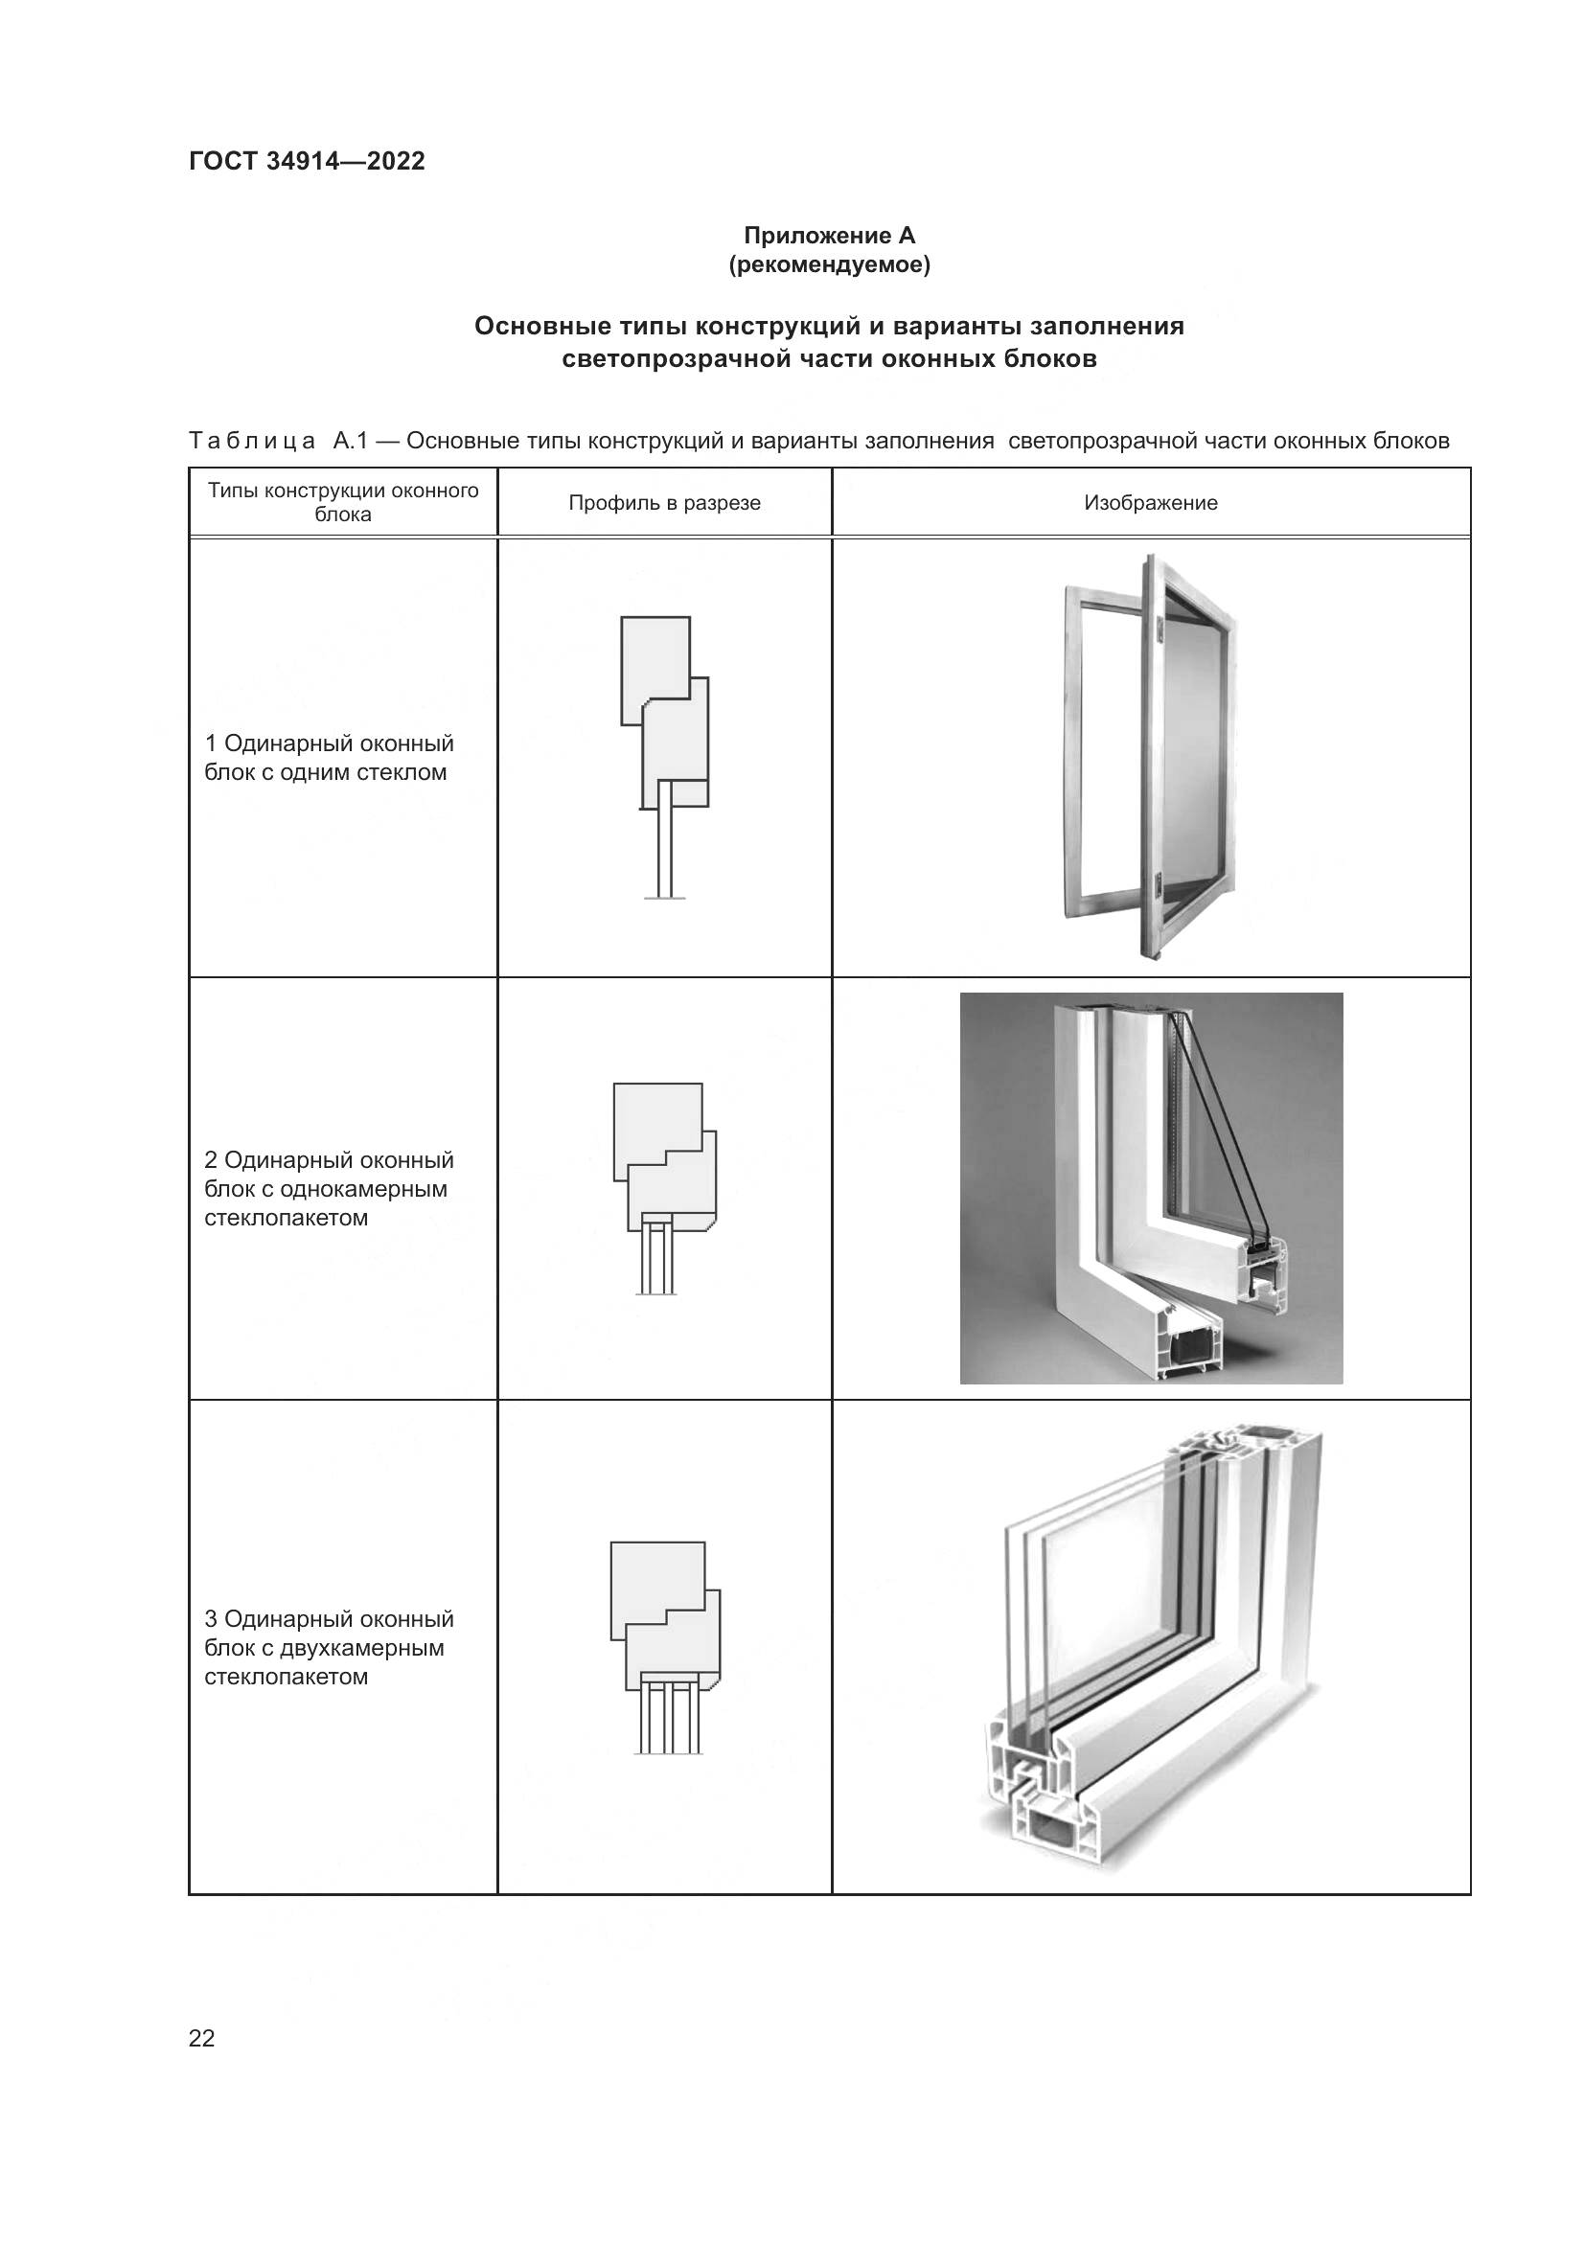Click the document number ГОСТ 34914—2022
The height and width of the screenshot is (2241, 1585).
point(307,161)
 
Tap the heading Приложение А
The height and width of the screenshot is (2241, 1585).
point(829,236)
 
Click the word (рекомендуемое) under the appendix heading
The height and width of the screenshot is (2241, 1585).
point(829,264)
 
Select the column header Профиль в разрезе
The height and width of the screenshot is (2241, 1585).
point(664,503)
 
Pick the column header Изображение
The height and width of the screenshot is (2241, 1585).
point(1150,503)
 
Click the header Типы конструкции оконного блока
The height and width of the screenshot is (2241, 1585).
point(342,502)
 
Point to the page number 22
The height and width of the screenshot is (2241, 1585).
point(202,2038)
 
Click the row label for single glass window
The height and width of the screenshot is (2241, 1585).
point(329,758)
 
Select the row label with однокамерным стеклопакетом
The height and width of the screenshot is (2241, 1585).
point(329,1189)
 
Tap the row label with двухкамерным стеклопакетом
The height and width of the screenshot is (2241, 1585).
point(329,1648)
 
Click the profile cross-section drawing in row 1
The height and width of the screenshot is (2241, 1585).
point(665,757)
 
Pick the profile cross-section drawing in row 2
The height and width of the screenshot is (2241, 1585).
point(665,1188)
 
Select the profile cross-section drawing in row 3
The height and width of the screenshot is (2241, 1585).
point(666,1648)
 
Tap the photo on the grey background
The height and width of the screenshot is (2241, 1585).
point(1151,1188)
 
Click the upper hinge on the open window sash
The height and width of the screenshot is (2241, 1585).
point(1159,630)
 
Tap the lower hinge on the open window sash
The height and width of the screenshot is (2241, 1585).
point(1158,883)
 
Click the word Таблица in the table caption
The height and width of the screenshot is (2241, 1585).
point(252,441)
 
